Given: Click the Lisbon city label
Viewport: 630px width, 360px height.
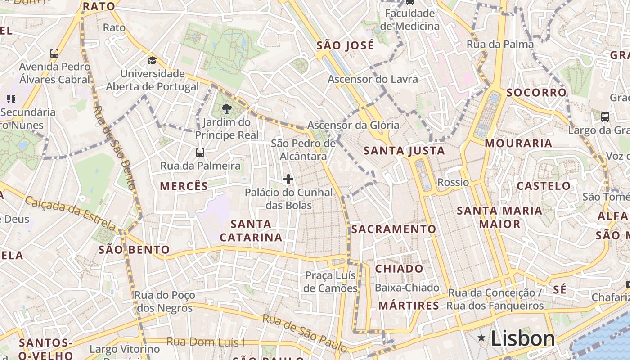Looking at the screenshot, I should click(522, 338).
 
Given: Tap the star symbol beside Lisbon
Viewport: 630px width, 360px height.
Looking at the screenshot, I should click(482, 337).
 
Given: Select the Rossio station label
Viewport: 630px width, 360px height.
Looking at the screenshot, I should click(453, 182).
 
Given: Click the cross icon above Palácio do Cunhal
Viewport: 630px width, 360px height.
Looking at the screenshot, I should click(288, 180).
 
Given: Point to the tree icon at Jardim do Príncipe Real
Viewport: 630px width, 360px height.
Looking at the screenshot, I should click(227, 108).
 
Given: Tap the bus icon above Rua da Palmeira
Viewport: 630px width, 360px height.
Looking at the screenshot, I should click(200, 153).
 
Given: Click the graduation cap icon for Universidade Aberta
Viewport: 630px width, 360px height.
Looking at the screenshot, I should click(153, 60).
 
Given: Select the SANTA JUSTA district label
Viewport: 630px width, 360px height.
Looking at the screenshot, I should click(404, 151).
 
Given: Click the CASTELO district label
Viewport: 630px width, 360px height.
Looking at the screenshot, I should click(544, 186).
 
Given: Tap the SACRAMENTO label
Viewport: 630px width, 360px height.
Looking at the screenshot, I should click(394, 229).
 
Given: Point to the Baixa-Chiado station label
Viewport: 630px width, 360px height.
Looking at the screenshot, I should click(407, 288).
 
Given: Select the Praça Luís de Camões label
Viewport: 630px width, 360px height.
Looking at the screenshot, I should click(330, 282).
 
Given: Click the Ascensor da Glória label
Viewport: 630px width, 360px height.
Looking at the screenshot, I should click(353, 125).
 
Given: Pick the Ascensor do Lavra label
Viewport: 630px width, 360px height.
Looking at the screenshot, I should click(373, 80).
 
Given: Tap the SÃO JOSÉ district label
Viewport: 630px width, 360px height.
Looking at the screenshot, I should click(345, 45).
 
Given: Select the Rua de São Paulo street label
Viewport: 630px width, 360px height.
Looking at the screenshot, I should click(305, 333).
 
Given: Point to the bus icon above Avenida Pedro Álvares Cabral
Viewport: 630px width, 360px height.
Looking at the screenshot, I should click(54, 54).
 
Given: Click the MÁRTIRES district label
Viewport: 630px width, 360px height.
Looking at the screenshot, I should click(409, 306).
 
